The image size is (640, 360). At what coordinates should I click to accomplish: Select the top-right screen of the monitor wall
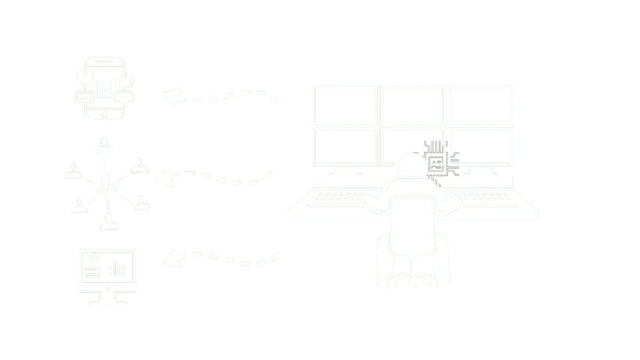click(481, 105)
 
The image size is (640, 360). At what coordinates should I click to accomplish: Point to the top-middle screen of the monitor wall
click(412, 105)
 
